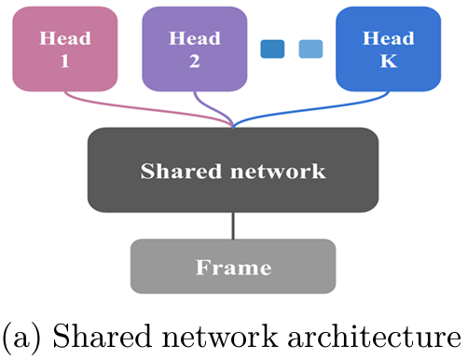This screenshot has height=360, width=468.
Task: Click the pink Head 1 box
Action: [x=65, y=49]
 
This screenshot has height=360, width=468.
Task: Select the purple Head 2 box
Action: [x=195, y=49]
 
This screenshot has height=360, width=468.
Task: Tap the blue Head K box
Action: [x=389, y=49]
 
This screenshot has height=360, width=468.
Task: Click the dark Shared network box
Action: [x=233, y=170]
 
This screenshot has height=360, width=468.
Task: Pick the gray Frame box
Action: [x=233, y=266]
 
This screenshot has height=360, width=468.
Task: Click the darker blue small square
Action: [x=272, y=48]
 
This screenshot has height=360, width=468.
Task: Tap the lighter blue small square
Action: [x=310, y=48]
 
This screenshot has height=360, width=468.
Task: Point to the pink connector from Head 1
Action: [x=146, y=109]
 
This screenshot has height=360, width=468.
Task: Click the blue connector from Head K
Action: [x=310, y=109]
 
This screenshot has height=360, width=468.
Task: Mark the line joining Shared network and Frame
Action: [x=233, y=226]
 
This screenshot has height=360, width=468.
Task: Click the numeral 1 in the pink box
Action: [x=64, y=61]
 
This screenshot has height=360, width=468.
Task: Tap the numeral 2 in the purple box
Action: [x=195, y=61]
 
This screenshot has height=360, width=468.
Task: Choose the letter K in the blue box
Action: [x=389, y=61]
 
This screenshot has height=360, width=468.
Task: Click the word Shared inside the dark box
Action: [x=181, y=171]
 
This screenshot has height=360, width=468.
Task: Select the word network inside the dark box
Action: [x=278, y=172]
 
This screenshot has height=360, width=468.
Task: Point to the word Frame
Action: [x=233, y=267]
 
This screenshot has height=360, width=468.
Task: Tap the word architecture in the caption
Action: [x=375, y=337]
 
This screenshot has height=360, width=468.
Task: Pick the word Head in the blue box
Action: [x=389, y=38]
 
